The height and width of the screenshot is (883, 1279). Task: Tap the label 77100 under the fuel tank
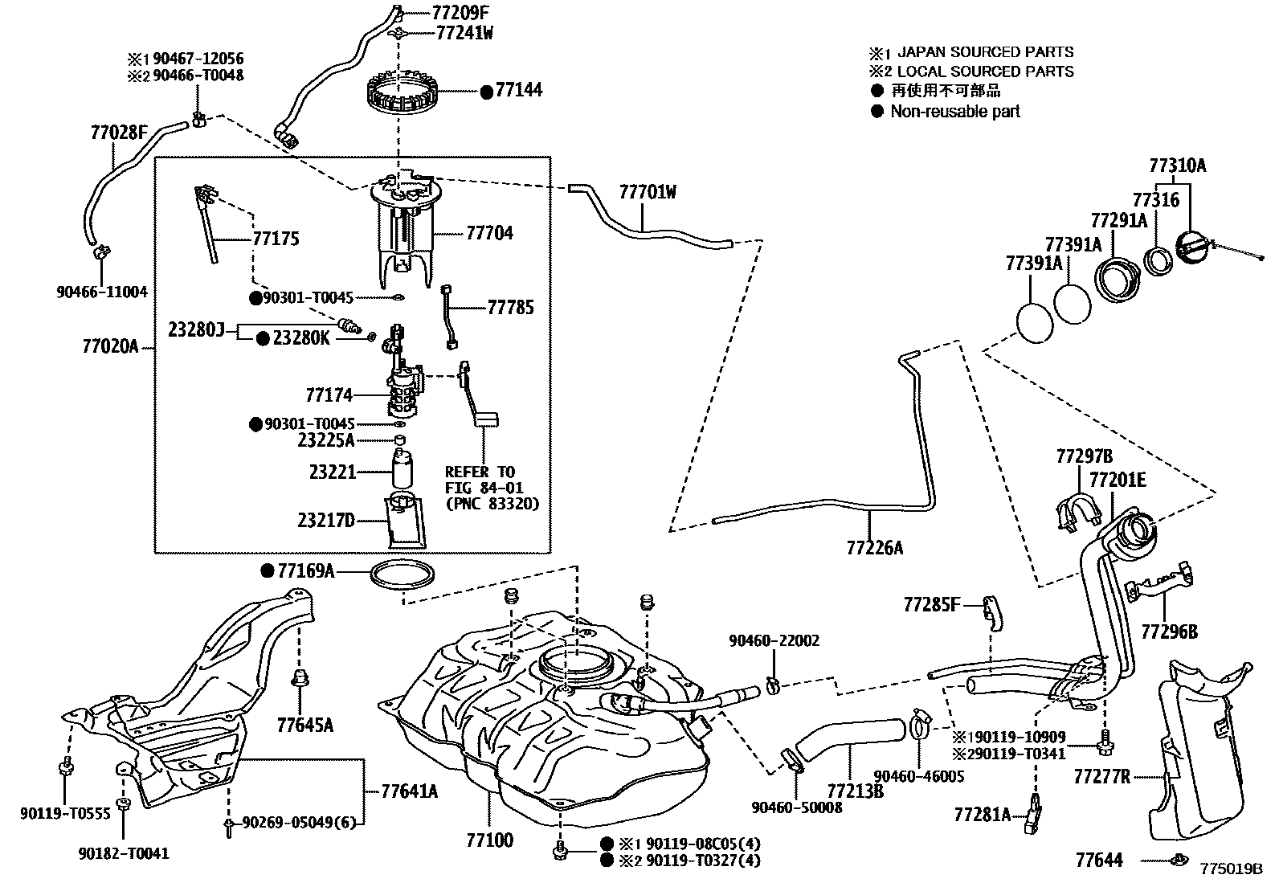pyautogui.click(x=489, y=840)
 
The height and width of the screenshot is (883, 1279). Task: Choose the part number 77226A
pyautogui.click(x=874, y=548)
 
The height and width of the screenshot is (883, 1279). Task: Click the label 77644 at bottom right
pyautogui.click(x=1098, y=860)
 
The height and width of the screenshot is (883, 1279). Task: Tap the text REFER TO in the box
pyautogui.click(x=480, y=472)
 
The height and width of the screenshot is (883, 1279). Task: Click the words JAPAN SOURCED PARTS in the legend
pyautogui.click(x=985, y=52)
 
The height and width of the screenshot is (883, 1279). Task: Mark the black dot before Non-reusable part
pyautogui.click(x=877, y=112)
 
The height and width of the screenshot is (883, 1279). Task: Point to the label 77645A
pyautogui.click(x=304, y=726)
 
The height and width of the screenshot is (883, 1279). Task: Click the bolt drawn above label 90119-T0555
pyautogui.click(x=65, y=766)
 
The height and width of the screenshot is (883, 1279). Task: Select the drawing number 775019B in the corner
pyautogui.click(x=1232, y=869)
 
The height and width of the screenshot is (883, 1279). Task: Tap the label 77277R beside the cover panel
pyautogui.click(x=1101, y=776)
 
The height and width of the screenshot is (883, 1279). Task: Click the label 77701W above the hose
pyautogui.click(x=648, y=192)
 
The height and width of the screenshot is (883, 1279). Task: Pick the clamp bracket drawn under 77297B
pyautogui.click(x=1076, y=514)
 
